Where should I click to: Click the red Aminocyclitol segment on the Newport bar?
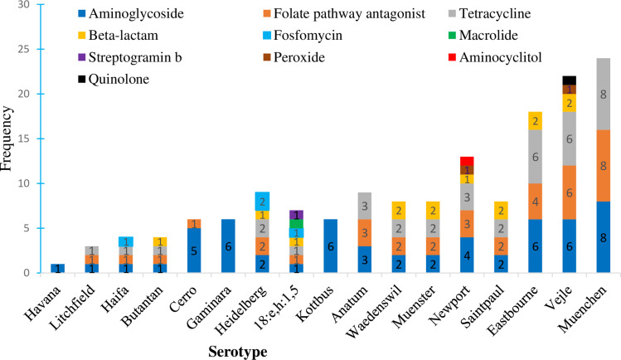point(467,161)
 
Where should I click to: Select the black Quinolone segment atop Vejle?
point(569,80)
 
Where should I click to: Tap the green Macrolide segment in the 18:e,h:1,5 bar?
point(296,224)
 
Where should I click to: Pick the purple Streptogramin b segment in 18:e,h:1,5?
point(296,215)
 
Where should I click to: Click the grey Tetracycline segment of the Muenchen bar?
point(604,94)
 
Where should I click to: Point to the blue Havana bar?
point(58,269)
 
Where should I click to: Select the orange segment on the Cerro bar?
point(194,224)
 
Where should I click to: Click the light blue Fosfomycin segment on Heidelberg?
point(262,202)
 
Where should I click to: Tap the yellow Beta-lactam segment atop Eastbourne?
point(535,121)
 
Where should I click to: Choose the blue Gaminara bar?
point(228,246)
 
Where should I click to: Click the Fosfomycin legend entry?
point(303,35)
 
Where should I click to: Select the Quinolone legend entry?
point(114,79)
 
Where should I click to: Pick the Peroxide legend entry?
point(294,57)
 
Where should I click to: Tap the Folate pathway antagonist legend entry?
point(344,13)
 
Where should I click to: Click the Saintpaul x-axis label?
point(483,305)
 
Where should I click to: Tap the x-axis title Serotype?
point(238,352)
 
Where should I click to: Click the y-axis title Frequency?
point(7,139)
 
